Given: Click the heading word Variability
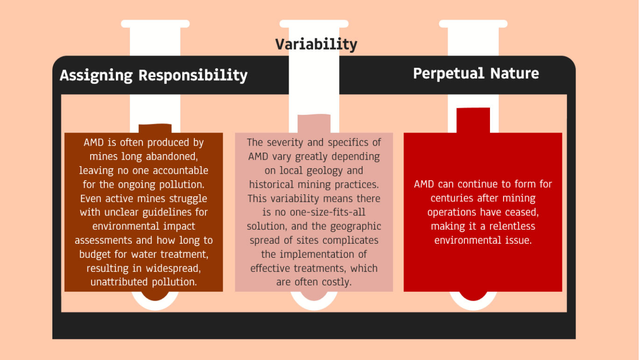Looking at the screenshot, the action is tap(316, 44).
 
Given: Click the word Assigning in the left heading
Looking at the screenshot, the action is tap(96, 76).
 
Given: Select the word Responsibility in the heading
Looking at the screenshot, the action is tap(193, 76).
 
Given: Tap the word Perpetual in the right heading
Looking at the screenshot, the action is tap(449, 73).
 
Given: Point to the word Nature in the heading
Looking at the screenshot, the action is tap(515, 73).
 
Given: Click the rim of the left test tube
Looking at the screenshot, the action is tap(155, 24).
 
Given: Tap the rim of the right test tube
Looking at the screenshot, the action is tap(473, 24).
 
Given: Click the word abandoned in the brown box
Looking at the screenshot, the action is tap(172, 156).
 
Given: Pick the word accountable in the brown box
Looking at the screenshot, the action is tap(181, 170).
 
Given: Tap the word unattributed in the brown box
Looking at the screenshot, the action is tap(119, 282).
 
